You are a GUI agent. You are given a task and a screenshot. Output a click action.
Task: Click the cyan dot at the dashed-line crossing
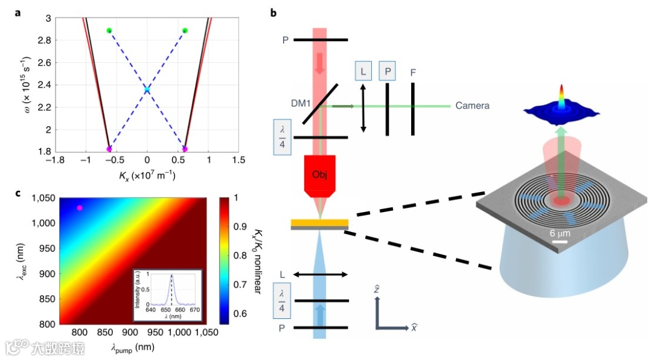coord(147,89)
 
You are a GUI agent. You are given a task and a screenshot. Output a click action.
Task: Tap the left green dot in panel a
coord(109,30)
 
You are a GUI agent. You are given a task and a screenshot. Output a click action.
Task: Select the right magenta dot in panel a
coord(185,149)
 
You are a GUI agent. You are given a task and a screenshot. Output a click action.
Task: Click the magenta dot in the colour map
coord(79,208)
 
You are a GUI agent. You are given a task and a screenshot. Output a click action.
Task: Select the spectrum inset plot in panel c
coord(168,294)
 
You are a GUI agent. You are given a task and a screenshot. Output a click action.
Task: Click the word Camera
coord(472,106)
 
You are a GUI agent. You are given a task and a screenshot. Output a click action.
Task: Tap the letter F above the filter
coord(413,72)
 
